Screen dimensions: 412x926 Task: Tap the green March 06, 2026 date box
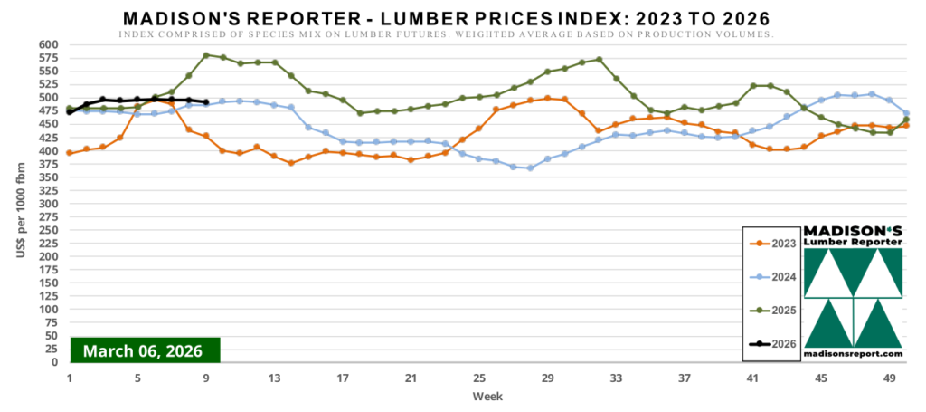(x=145, y=350)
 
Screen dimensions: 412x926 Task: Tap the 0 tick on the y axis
(x=54, y=362)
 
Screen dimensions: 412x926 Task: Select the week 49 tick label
(x=890, y=378)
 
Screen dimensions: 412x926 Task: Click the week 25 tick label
(x=479, y=378)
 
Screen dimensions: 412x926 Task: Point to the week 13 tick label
(x=274, y=378)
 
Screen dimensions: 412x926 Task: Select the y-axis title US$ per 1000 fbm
(x=20, y=204)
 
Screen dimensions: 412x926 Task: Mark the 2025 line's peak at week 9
(x=206, y=55)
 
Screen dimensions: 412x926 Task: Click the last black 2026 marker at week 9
(x=206, y=102)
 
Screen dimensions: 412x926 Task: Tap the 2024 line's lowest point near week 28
(x=531, y=168)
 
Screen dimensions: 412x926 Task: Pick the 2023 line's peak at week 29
(x=548, y=98)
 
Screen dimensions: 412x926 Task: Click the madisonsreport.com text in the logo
(x=853, y=353)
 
